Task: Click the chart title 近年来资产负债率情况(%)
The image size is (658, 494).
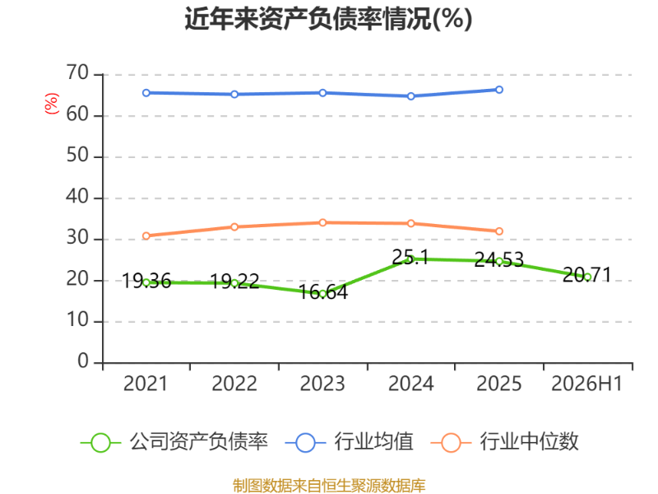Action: coord(328,19)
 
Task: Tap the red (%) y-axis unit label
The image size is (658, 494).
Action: coord(52,104)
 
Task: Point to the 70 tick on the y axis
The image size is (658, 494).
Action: coord(77,73)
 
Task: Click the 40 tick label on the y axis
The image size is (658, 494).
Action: coord(77,197)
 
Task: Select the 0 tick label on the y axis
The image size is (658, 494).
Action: coord(83,361)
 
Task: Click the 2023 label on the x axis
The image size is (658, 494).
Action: coord(322,384)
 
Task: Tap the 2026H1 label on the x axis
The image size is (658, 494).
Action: coord(586,384)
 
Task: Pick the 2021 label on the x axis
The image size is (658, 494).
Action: coord(146,384)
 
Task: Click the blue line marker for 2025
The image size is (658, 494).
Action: coord(499,90)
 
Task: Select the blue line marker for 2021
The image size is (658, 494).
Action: coord(146,93)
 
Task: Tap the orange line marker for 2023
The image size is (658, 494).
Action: coord(322,222)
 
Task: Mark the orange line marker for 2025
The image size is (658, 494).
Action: coord(499,231)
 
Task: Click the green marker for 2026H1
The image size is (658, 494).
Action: coord(587,277)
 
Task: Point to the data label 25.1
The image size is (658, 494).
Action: coord(410,257)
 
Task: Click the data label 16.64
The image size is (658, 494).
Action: coord(323,292)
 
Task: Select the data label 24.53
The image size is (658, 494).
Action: coord(499,259)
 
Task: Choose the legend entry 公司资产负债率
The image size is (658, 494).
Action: coord(174,442)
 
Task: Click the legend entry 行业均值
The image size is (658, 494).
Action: coord(349,442)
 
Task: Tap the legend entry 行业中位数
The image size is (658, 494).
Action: coord(505,442)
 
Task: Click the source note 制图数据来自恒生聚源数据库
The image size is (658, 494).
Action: coord(329,486)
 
